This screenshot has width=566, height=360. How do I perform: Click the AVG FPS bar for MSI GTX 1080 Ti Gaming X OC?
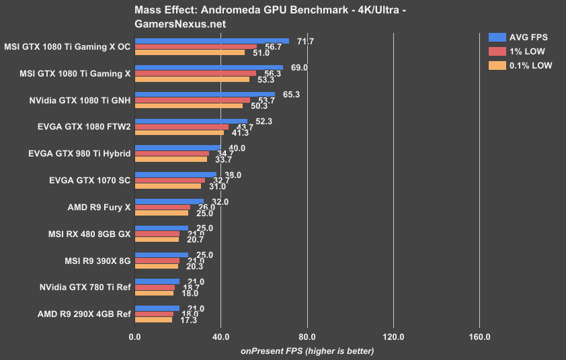212,41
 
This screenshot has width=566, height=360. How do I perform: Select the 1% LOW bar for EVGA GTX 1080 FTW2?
182,127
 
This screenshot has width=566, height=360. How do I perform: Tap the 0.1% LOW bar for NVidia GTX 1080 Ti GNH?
189,105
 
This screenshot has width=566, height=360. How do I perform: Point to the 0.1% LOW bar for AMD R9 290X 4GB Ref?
154,320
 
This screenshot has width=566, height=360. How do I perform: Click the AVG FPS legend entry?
522,37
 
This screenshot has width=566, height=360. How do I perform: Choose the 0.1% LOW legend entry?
522,65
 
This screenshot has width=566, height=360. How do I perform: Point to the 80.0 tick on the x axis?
307,336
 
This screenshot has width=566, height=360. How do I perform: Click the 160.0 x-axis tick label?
479,336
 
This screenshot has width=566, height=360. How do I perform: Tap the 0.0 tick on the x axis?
135,336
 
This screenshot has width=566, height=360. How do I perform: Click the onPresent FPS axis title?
307,351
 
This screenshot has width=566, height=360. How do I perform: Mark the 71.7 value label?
298,42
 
